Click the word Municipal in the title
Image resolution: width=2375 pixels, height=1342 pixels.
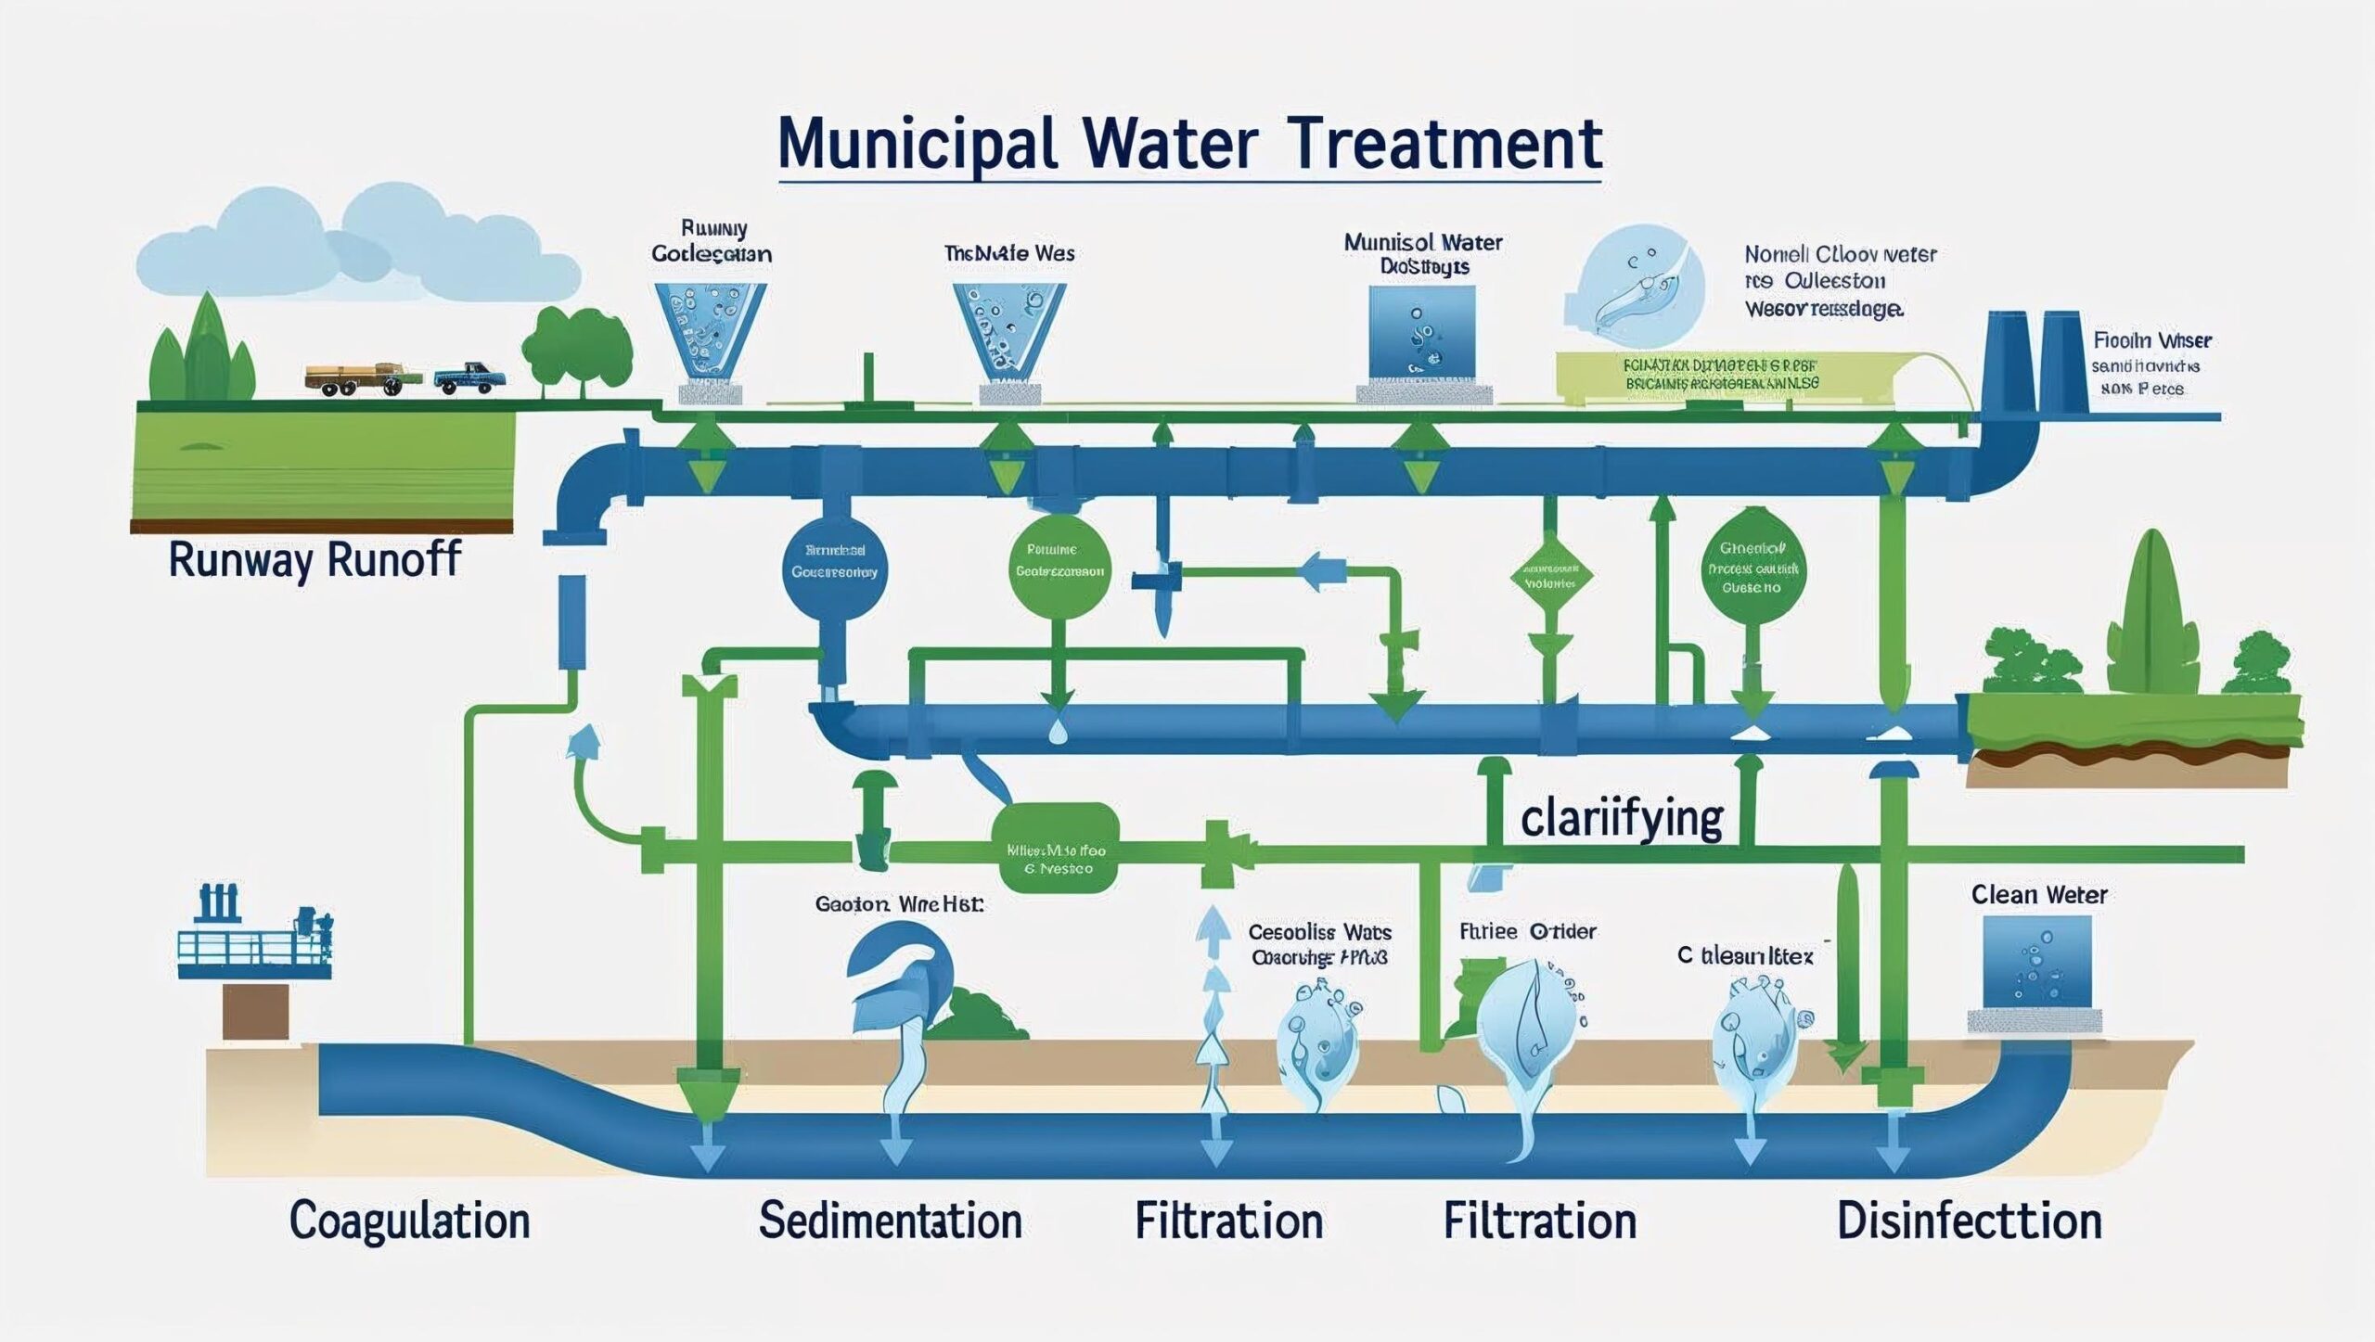[917, 145]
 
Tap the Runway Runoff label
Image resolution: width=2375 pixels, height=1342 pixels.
[315, 560]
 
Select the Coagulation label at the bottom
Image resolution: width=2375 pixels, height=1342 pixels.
[409, 1221]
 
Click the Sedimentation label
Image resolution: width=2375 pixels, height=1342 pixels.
[890, 1221]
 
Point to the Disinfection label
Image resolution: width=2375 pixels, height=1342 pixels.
[1969, 1221]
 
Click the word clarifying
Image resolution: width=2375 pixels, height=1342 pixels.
[1622, 818]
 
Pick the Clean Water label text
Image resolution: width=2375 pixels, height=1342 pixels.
[2039, 895]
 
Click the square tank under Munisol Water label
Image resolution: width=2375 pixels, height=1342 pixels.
[1421, 331]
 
